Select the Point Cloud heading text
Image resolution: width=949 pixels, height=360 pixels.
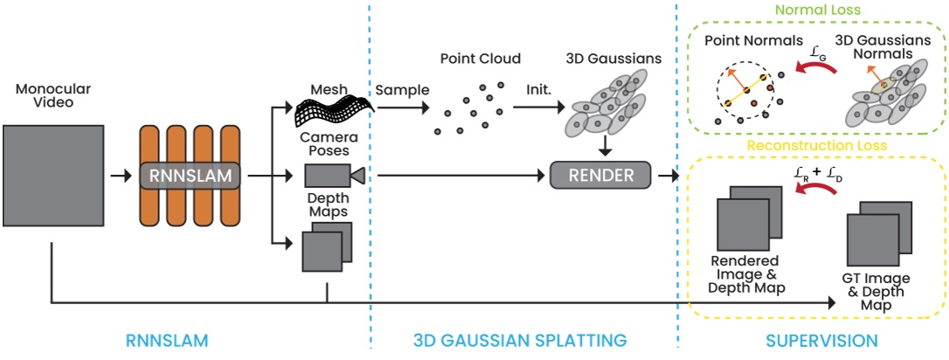[x=480, y=59]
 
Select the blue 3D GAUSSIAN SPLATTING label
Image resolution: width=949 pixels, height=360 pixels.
[x=520, y=339]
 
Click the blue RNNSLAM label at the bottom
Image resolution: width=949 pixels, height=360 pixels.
[x=182, y=339]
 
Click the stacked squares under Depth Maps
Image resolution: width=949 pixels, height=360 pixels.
[x=327, y=247]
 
